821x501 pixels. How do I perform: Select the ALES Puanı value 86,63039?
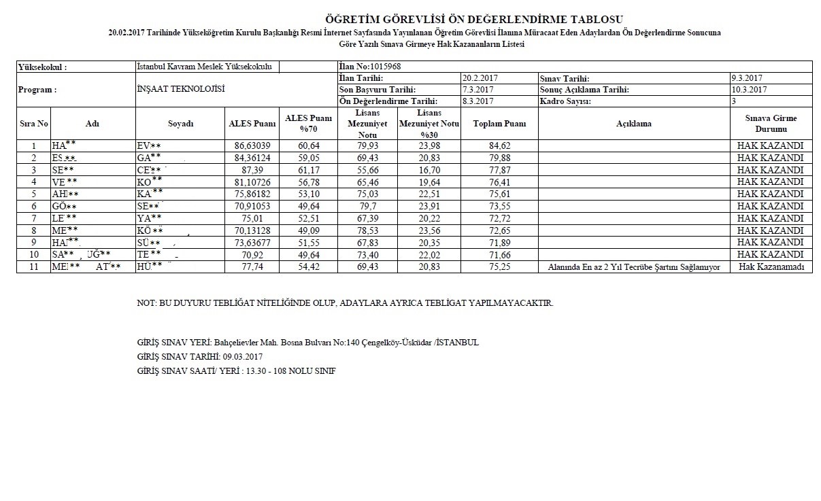click(x=252, y=145)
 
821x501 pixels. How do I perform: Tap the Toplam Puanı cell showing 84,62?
click(x=499, y=145)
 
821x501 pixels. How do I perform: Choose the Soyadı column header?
click(x=180, y=124)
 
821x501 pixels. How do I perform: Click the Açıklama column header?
click(x=633, y=124)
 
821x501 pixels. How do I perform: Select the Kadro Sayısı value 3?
click(x=734, y=101)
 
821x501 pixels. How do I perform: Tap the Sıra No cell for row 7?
click(x=34, y=218)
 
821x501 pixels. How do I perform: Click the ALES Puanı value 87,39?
click(x=252, y=170)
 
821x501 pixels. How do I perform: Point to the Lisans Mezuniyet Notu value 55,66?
click(x=367, y=170)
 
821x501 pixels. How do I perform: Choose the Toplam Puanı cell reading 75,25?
click(x=499, y=267)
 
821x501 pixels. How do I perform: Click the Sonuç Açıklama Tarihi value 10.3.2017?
click(x=750, y=90)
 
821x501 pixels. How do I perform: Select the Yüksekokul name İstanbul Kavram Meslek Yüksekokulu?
click(x=204, y=67)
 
